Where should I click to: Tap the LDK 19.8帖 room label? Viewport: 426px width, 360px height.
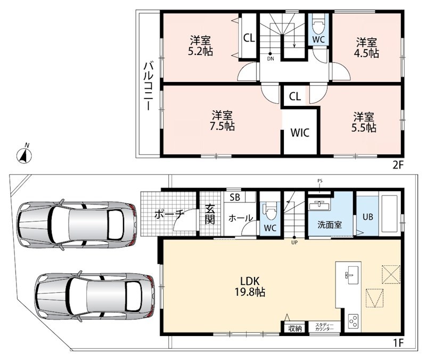[x=250, y=287]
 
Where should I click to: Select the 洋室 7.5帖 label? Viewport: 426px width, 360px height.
[x=222, y=121]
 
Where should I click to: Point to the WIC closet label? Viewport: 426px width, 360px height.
[x=300, y=133]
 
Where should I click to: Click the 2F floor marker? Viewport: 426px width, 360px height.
[x=398, y=165]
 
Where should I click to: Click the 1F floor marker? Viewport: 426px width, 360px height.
[x=398, y=343]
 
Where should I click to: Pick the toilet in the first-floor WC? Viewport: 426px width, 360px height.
[x=269, y=211]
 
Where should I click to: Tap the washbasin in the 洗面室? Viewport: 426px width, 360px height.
[x=319, y=206]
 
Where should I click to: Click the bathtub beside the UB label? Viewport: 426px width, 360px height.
[x=389, y=216]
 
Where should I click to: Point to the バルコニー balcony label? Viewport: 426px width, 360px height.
[x=149, y=86]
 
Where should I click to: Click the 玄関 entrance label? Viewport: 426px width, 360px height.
[x=209, y=214]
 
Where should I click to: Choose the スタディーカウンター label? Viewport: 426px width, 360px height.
[x=325, y=326]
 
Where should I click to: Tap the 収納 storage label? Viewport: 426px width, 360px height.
[x=295, y=328]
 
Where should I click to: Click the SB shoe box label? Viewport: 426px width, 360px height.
[x=235, y=197]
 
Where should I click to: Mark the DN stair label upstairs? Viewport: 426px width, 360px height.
[x=271, y=59]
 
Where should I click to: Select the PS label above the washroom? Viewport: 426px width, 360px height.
[x=320, y=181]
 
